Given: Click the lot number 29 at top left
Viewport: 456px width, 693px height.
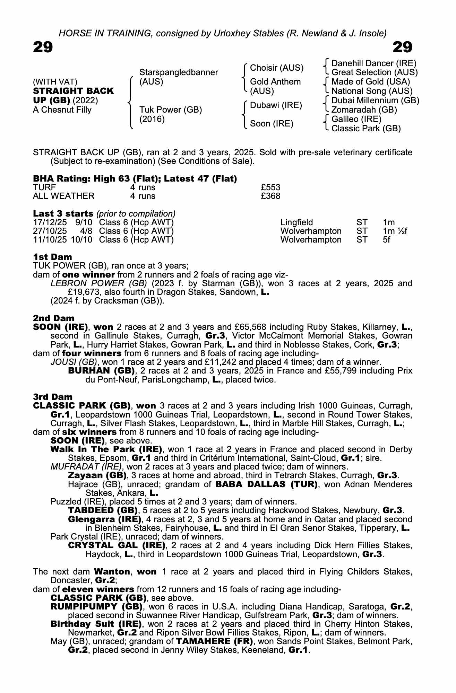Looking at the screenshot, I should (43, 47).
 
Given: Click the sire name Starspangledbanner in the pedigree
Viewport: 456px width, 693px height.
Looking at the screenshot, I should (179, 72).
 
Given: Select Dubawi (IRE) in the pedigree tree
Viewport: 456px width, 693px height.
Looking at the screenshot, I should (276, 105).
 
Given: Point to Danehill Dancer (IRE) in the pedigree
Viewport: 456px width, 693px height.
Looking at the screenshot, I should (374, 63).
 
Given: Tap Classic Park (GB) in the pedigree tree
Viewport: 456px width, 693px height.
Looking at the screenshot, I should (366, 129).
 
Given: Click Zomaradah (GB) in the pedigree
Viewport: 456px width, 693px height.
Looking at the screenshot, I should (364, 110).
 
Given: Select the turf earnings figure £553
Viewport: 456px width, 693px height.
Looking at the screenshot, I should (270, 187).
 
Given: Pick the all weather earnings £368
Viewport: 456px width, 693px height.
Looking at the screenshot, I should (270, 196).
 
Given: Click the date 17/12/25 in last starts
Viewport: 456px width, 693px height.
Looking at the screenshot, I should (50, 222).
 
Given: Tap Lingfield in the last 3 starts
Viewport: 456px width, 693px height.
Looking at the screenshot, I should (296, 222).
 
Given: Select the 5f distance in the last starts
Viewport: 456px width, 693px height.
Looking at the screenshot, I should (387, 240).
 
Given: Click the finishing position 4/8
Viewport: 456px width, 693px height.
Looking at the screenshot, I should (86, 231).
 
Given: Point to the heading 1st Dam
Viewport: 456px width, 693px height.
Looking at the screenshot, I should (53, 257).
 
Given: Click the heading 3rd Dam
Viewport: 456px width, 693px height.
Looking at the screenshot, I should (53, 397).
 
